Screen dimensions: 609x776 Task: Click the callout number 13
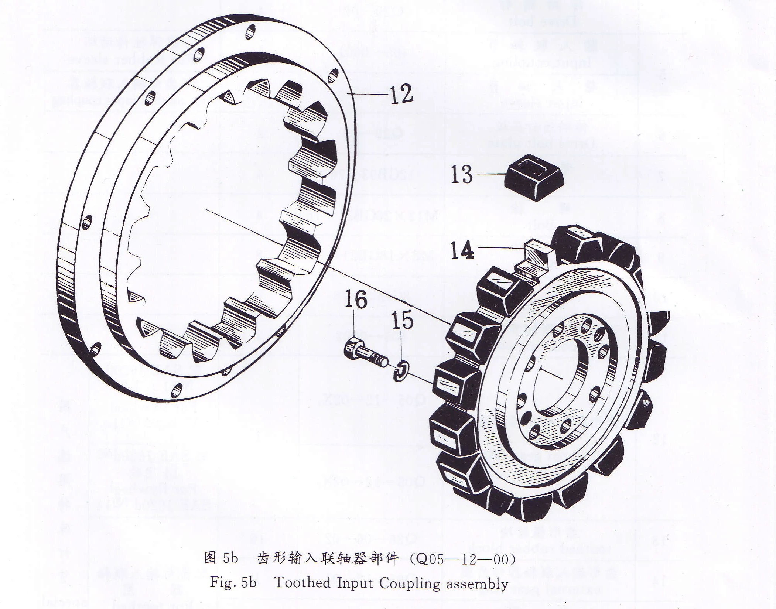(461, 174)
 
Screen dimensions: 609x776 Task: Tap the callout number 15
(402, 320)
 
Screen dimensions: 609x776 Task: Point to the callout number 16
(356, 299)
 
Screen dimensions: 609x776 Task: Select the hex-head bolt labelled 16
(366, 353)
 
